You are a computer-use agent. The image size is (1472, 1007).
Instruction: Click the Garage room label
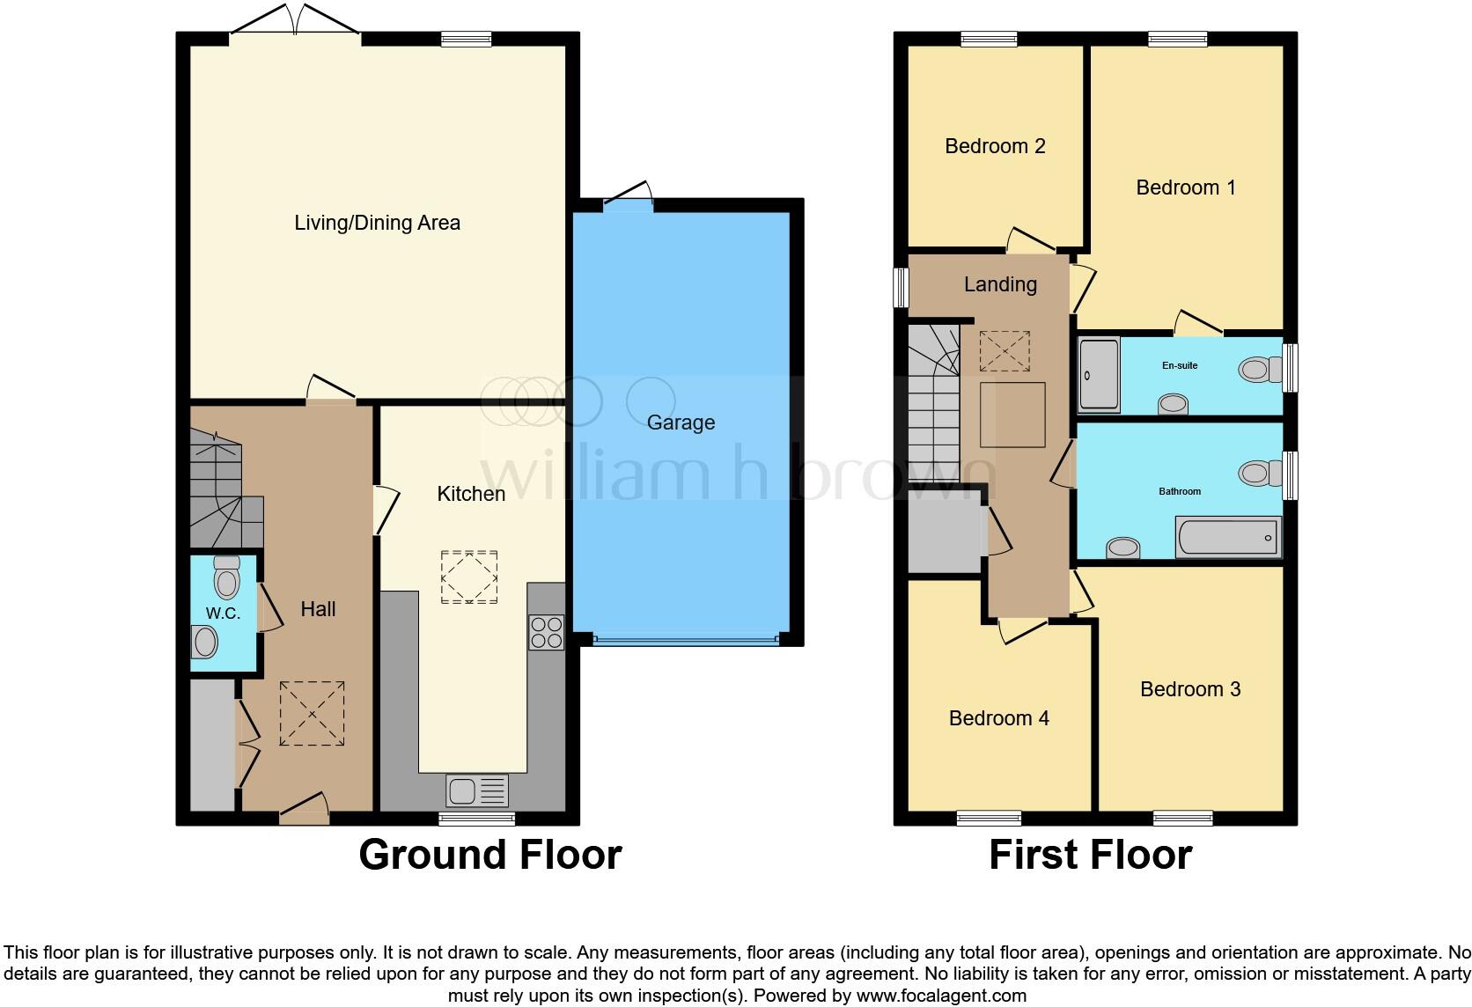click(681, 423)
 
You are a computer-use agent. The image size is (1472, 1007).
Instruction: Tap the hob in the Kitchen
click(546, 632)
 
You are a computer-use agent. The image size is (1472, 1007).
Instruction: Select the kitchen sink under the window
click(476, 790)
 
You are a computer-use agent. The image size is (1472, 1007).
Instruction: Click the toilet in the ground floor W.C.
click(226, 578)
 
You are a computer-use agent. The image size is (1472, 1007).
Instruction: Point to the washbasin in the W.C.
click(205, 642)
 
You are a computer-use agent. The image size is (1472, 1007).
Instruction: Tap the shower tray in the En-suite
click(1099, 374)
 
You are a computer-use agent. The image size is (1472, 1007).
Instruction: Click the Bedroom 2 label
click(995, 146)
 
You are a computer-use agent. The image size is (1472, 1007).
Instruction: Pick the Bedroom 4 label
click(998, 718)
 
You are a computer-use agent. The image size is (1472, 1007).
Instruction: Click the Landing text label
click(1000, 284)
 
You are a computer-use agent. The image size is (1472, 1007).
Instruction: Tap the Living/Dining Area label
click(377, 223)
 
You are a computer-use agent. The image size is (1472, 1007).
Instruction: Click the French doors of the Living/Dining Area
click(295, 26)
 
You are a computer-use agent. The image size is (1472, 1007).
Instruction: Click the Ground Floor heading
click(489, 855)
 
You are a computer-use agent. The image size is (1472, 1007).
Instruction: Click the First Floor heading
click(1090, 855)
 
